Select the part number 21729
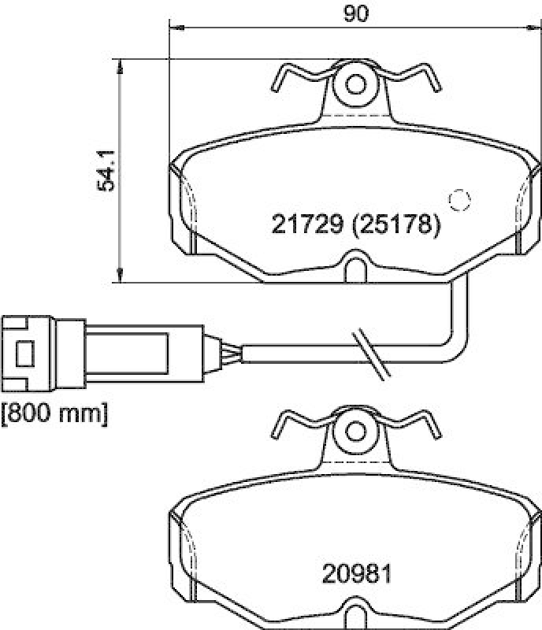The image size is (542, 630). [307, 226]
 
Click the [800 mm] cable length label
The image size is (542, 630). [54, 413]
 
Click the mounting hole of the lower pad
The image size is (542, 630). [356, 431]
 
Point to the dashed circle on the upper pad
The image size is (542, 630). [458, 200]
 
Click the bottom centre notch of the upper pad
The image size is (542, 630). [355, 263]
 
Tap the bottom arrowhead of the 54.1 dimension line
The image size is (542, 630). [120, 275]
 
